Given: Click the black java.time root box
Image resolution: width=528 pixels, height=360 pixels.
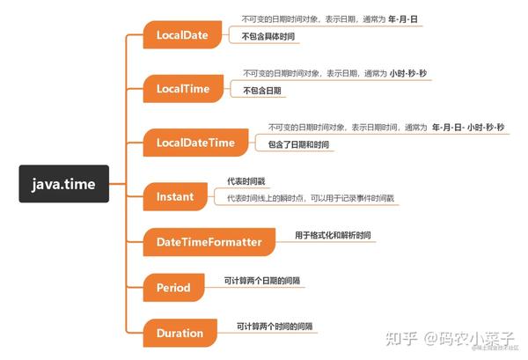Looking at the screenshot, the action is point(64,184).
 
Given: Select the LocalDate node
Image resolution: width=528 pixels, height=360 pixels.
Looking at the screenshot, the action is point(182,34).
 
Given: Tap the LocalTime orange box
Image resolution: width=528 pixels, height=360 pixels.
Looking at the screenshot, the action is point(183,89).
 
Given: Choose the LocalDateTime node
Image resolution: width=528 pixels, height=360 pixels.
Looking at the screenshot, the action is point(195,143).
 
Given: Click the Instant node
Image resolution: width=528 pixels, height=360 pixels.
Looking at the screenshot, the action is point(175,196).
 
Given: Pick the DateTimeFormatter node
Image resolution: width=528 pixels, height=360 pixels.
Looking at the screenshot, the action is point(209,242).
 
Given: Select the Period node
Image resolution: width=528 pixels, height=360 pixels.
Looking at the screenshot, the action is point(173,288).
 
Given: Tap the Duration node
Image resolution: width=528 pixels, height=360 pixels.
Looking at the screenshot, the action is point(180,333).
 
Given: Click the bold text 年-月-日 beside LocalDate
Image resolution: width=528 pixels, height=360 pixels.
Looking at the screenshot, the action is point(403,19).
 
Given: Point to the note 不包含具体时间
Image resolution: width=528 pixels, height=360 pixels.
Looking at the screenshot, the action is point(268,36).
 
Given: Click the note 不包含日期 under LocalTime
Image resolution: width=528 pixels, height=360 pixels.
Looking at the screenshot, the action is point(262,91).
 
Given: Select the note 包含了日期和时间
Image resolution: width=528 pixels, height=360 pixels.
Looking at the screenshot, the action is point(298,145).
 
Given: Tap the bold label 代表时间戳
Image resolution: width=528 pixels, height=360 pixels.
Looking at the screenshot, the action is point(246,181).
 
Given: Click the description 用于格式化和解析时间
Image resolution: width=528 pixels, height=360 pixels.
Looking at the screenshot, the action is point(333,235).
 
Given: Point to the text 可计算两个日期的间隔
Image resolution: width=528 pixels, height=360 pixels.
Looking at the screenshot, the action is point(262,281).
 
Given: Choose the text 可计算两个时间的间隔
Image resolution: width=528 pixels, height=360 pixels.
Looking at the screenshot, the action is point(275,326).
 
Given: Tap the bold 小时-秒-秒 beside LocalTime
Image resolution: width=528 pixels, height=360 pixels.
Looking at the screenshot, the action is point(408,73).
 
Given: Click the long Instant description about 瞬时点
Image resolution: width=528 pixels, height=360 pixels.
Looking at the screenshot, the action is point(311,198).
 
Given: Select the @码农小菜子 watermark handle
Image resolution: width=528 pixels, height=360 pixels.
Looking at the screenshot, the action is point(469,338).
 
